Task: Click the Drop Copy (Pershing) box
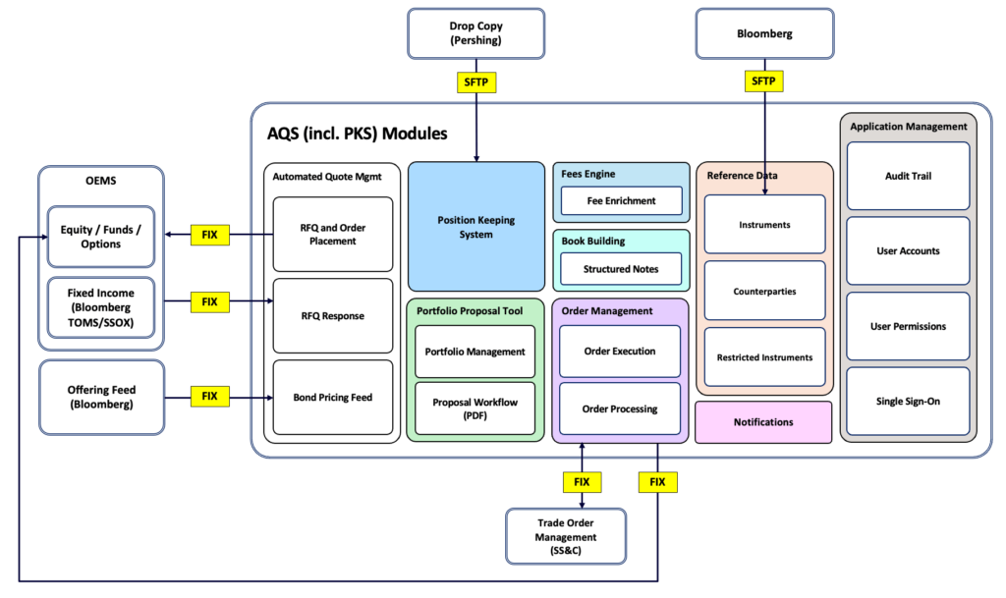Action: [475, 32]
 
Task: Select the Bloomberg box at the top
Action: [764, 32]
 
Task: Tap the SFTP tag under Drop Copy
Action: [476, 82]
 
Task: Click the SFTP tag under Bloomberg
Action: [764, 82]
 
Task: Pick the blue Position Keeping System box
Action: [475, 227]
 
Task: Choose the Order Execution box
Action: [619, 351]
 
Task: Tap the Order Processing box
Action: [619, 408]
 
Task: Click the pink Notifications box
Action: [762, 422]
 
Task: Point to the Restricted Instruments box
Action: [764, 357]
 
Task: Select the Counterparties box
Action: [764, 292]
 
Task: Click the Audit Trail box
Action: [908, 176]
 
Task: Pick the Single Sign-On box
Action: [908, 401]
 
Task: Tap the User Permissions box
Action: [908, 326]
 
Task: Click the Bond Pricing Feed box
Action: [332, 398]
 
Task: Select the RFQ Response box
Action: [332, 316]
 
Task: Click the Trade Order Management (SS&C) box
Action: [565, 536]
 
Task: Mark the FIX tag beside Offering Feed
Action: [209, 397]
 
